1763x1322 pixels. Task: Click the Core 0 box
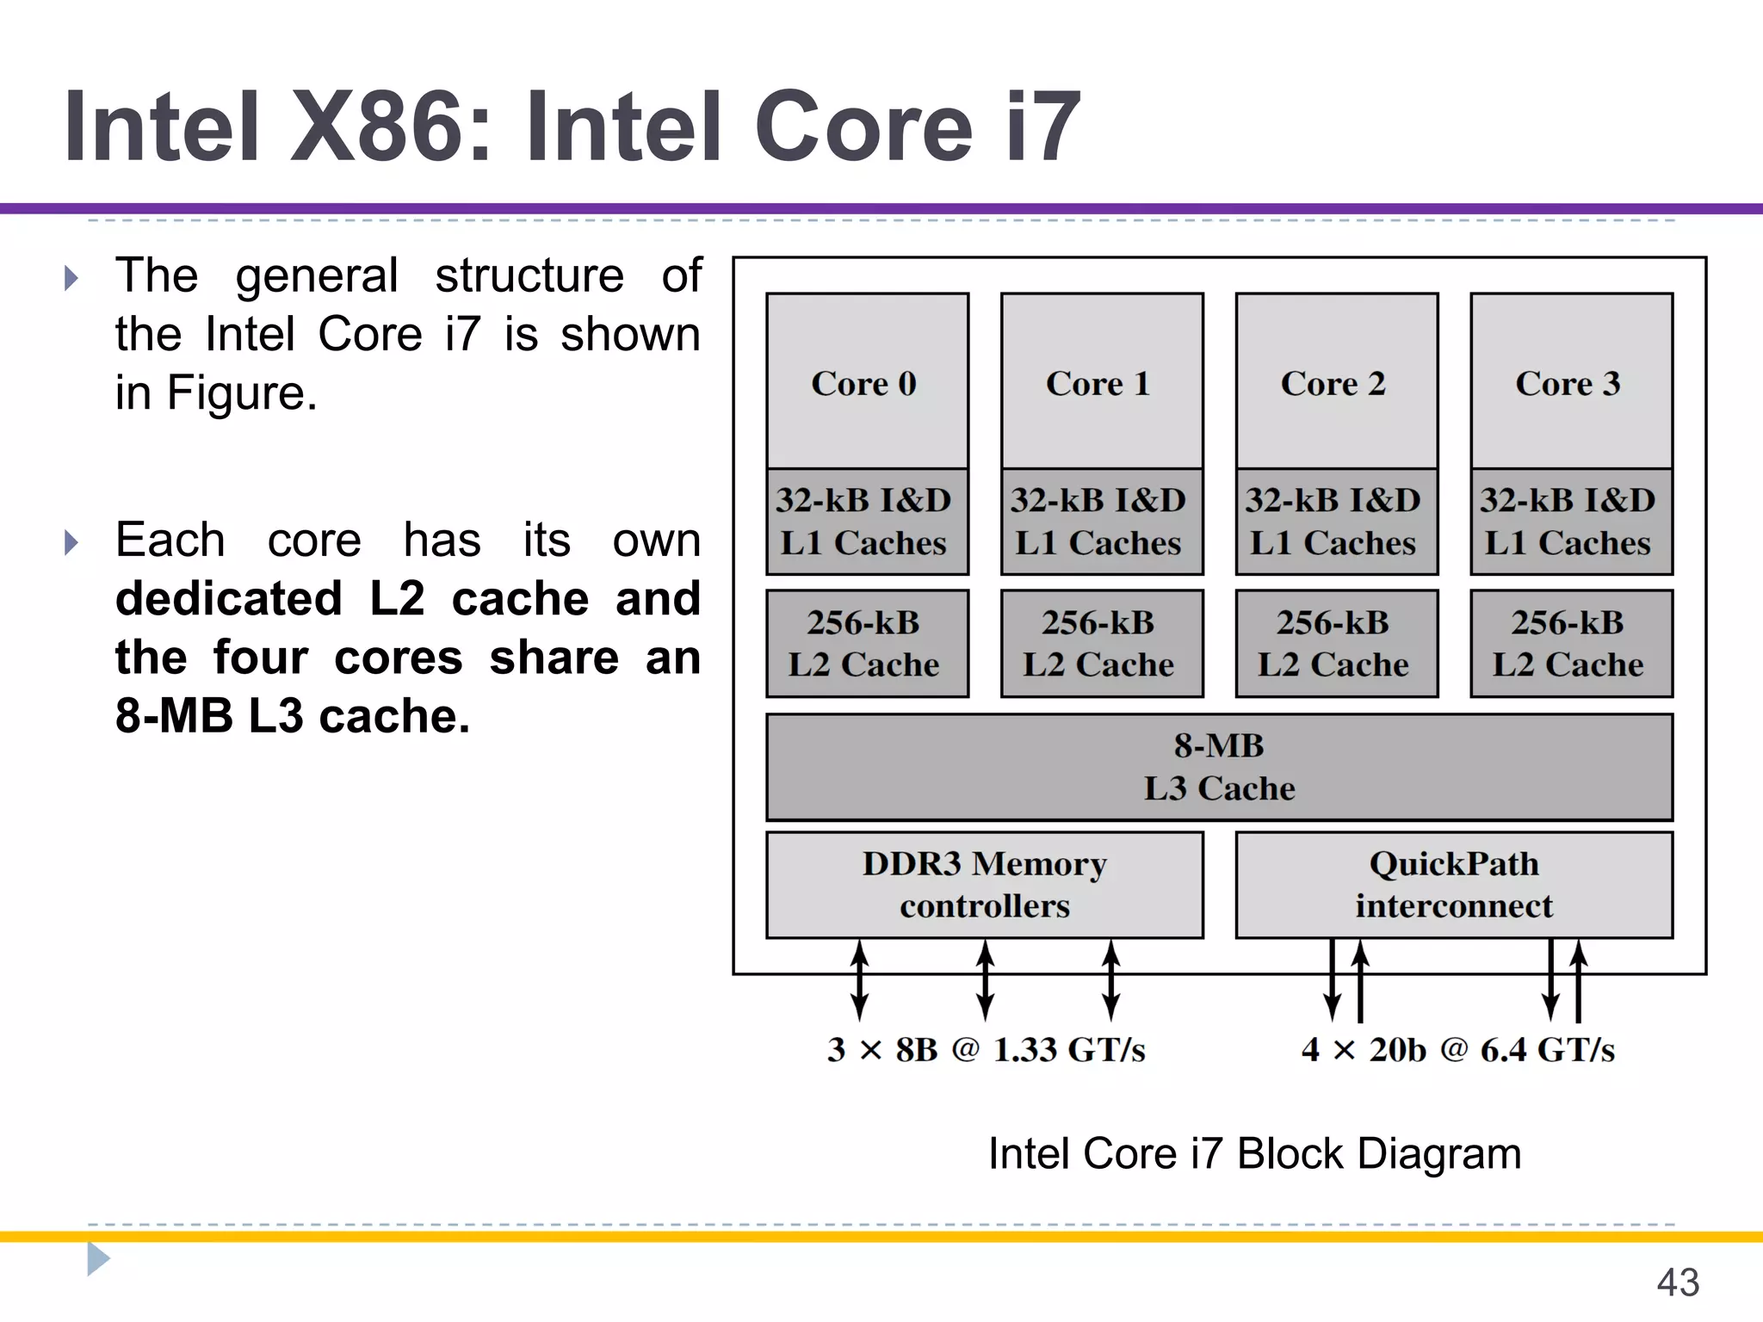[867, 381]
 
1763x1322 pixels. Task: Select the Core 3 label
[1568, 384]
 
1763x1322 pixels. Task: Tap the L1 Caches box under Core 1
[1101, 522]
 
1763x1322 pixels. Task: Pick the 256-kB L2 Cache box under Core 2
[1336, 644]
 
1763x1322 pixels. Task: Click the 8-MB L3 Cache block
[1219, 767]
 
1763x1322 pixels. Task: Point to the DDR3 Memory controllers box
[984, 885]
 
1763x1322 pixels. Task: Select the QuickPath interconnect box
[1454, 885]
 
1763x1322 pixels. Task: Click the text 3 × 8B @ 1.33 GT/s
[987, 1050]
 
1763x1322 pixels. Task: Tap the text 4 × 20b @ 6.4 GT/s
[1457, 1050]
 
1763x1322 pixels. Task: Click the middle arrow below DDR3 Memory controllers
[986, 980]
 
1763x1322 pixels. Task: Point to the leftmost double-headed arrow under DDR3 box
[859, 980]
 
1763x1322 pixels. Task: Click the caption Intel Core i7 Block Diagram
[1254, 1153]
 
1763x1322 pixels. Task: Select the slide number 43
[1677, 1282]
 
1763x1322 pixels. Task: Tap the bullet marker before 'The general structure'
[71, 278]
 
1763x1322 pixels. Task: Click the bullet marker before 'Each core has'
[71, 542]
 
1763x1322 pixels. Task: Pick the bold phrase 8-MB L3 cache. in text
[293, 716]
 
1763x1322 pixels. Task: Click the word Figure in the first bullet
[237, 393]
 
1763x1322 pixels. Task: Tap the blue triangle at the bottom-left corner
[97, 1259]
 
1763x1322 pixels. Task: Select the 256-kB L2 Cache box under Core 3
[1571, 644]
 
